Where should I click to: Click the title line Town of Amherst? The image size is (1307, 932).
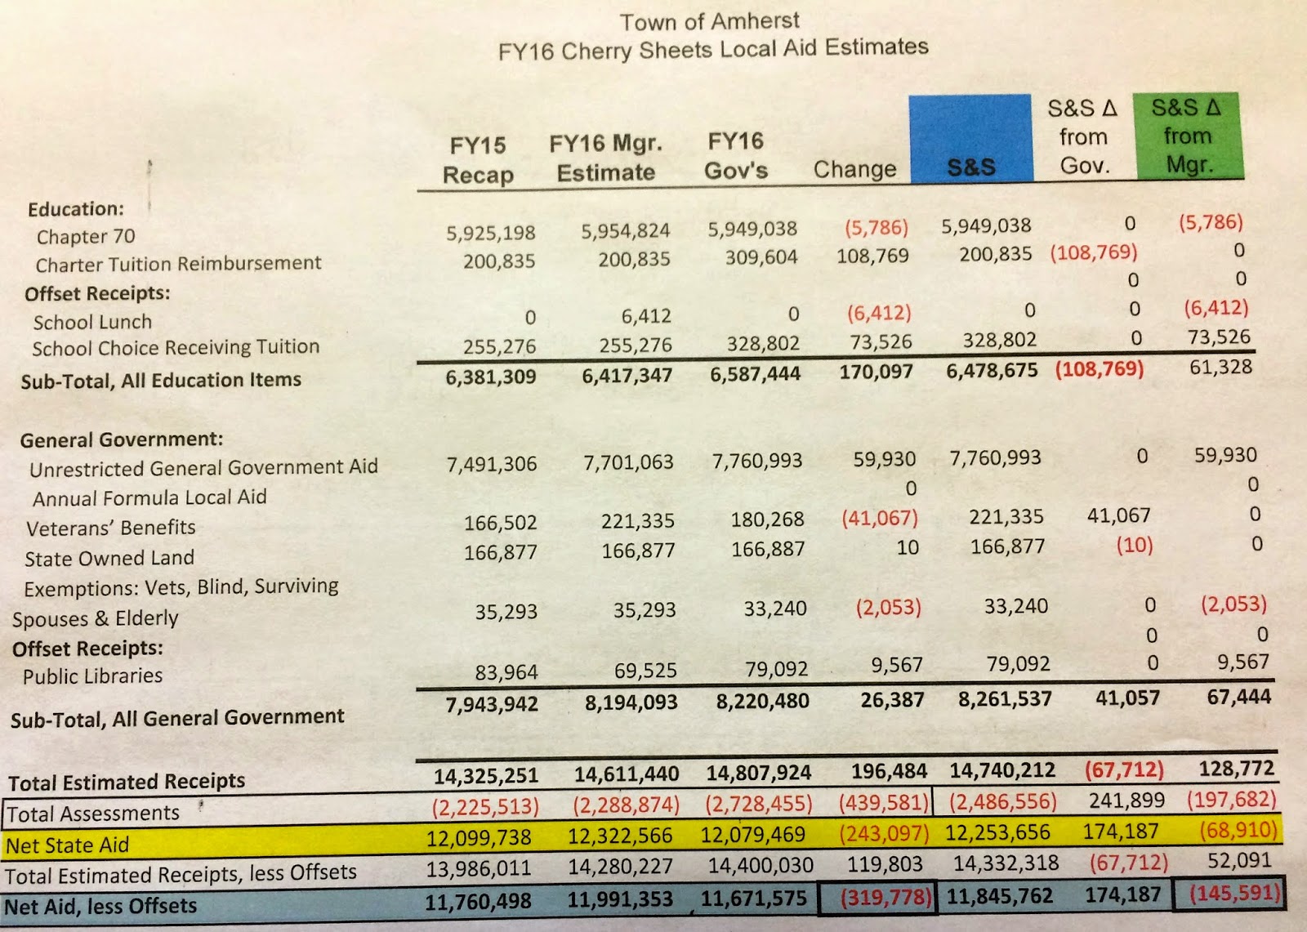click(709, 21)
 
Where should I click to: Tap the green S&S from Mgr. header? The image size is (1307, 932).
click(1188, 136)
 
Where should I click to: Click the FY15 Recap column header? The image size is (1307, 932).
click(478, 160)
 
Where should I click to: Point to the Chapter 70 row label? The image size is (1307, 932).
click(86, 237)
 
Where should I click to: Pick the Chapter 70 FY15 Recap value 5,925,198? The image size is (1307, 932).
click(490, 233)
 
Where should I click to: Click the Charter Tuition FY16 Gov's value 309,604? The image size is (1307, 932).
click(761, 257)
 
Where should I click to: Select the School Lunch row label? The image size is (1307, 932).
click(92, 322)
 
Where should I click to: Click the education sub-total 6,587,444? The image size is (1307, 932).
click(755, 374)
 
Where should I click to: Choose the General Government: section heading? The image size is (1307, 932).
click(121, 439)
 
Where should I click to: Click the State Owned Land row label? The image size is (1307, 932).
click(109, 559)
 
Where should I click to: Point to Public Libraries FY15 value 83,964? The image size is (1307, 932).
click(506, 672)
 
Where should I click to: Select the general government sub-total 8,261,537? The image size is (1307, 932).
click(1005, 699)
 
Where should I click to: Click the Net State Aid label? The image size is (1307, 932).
click(67, 845)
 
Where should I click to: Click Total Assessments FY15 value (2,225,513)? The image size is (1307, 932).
click(485, 806)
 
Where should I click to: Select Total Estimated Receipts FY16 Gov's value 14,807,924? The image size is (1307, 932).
click(759, 773)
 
